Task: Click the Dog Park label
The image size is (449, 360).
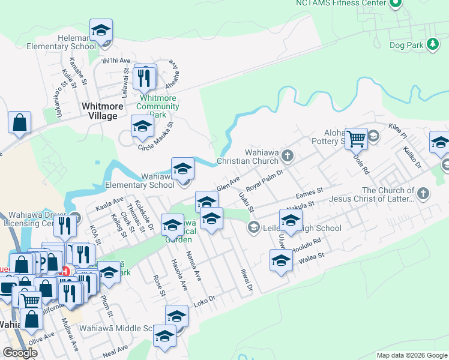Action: pos(405,45)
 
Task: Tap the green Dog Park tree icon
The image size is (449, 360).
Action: pos(432,44)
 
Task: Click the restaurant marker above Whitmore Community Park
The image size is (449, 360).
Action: pos(145,78)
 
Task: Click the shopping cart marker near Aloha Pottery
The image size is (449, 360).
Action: pos(357,140)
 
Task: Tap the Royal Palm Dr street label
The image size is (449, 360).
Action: pos(265,178)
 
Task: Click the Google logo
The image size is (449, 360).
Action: pos(20,353)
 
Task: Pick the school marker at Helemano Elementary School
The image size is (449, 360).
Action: pos(101,31)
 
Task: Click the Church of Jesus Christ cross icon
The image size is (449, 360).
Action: pos(424,193)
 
